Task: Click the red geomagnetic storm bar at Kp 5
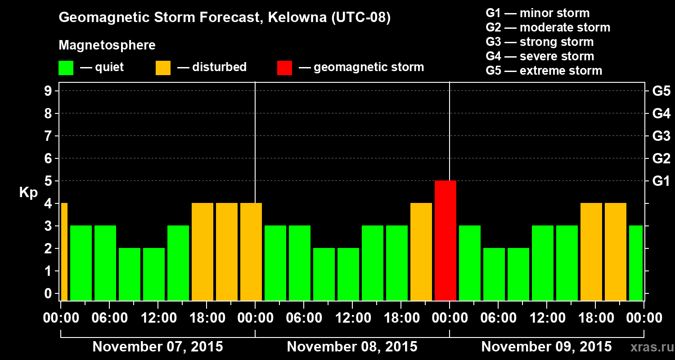pos(445,240)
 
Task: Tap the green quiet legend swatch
pos(66,67)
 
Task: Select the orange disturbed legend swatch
pos(163,67)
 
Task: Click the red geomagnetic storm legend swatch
pos(284,67)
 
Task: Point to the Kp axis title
pos(28,193)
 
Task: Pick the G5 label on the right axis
pos(661,91)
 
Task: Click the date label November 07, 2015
pos(157,347)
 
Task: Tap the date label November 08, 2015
pos(352,347)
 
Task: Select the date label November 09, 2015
pos(546,347)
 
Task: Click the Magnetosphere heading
pos(107,45)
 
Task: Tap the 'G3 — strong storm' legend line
pos(540,42)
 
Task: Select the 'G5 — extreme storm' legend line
pos(544,71)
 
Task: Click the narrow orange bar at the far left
pos(64,252)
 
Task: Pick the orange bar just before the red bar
pos(421,252)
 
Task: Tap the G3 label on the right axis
pos(661,136)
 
